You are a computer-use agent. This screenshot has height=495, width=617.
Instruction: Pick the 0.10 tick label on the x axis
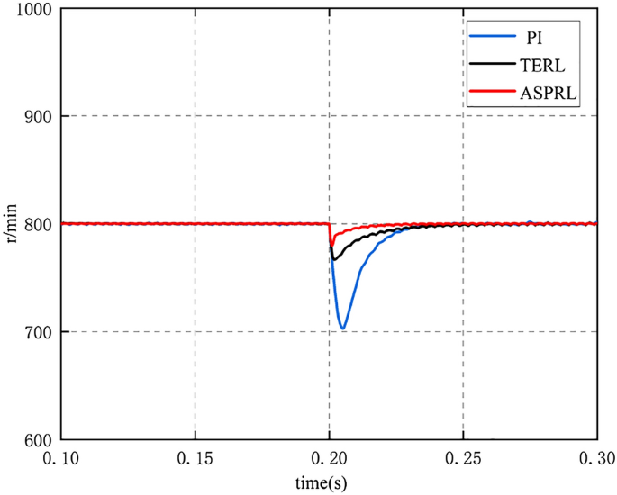pos(61,459)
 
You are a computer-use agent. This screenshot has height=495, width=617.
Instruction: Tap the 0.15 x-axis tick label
pos(195,459)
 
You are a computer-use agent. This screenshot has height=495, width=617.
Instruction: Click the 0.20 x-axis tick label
pos(329,459)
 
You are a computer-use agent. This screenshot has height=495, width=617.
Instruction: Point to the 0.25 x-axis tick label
pos(463,459)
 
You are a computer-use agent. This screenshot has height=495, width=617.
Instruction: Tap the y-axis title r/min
pos(12,224)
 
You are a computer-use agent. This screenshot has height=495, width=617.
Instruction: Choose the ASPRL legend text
pos(544,92)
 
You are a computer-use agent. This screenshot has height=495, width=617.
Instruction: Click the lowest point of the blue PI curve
pos(343,328)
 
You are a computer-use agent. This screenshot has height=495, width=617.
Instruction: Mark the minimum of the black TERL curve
pos(333,259)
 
